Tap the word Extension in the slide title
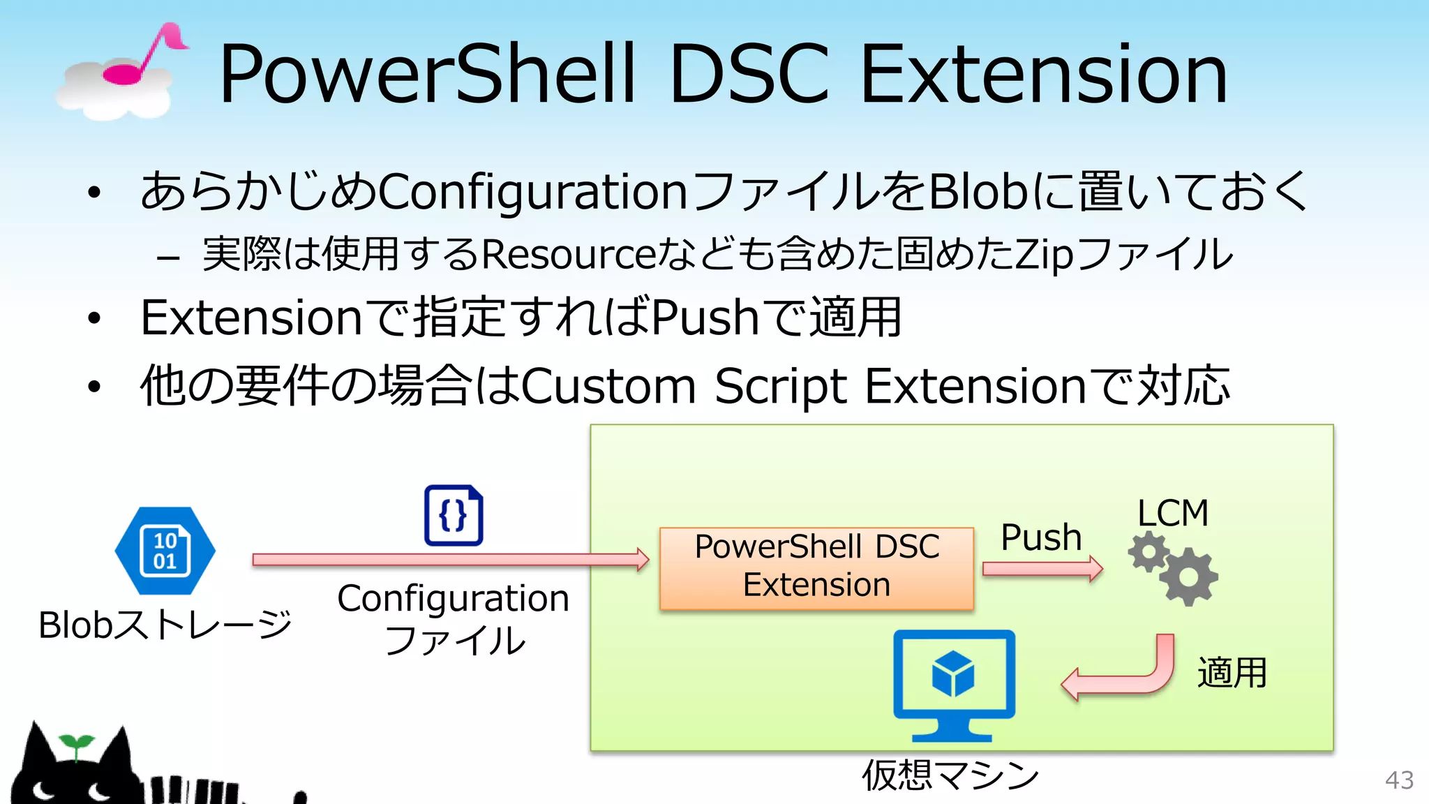point(1043,74)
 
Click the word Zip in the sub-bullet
point(1044,254)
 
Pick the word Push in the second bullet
point(705,318)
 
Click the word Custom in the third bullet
point(608,386)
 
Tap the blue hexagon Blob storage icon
point(165,551)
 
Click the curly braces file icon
point(454,516)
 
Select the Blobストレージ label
point(165,625)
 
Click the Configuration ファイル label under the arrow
point(454,618)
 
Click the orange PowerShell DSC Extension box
point(816,568)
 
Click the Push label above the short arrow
point(1040,537)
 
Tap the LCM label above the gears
point(1172,513)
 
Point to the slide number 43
point(1399,780)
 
